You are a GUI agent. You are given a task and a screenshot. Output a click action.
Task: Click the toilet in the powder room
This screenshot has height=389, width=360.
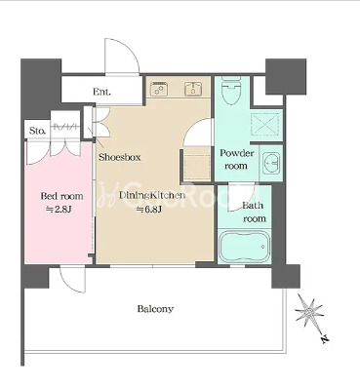pyautogui.click(x=231, y=91)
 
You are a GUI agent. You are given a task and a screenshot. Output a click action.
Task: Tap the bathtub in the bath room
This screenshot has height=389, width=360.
pyautogui.click(x=245, y=246)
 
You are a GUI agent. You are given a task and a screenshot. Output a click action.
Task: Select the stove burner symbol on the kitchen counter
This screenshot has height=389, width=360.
pyautogui.click(x=159, y=89)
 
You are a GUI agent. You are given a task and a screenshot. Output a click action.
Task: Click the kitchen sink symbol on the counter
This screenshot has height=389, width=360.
pyautogui.click(x=193, y=89)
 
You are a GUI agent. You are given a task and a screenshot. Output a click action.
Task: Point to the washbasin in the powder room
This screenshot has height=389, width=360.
pyautogui.click(x=271, y=162)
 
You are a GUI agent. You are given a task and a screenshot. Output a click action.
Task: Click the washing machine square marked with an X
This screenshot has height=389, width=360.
pyautogui.click(x=265, y=124)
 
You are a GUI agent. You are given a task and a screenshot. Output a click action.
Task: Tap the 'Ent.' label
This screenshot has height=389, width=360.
pyautogui.click(x=101, y=92)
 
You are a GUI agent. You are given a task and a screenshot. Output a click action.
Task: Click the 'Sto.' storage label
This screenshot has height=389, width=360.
pyautogui.click(x=38, y=131)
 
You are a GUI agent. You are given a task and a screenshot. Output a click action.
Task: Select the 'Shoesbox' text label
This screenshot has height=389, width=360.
pyautogui.click(x=120, y=157)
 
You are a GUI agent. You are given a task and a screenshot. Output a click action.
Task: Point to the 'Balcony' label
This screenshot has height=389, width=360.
pyautogui.click(x=155, y=308)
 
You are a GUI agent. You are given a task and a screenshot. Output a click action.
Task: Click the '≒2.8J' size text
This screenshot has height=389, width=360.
pyautogui.click(x=59, y=210)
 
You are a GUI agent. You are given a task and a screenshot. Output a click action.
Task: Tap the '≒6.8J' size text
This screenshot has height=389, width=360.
pyautogui.click(x=149, y=210)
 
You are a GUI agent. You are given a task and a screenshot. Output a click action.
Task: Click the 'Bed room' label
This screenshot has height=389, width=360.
pyautogui.click(x=61, y=196)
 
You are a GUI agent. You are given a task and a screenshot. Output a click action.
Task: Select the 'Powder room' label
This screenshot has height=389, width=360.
pyautogui.click(x=236, y=159)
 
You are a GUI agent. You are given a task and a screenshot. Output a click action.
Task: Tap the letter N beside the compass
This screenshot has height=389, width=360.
pyautogui.click(x=324, y=339)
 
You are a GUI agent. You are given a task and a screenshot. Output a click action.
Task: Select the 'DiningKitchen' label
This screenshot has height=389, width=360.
pyautogui.click(x=152, y=195)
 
